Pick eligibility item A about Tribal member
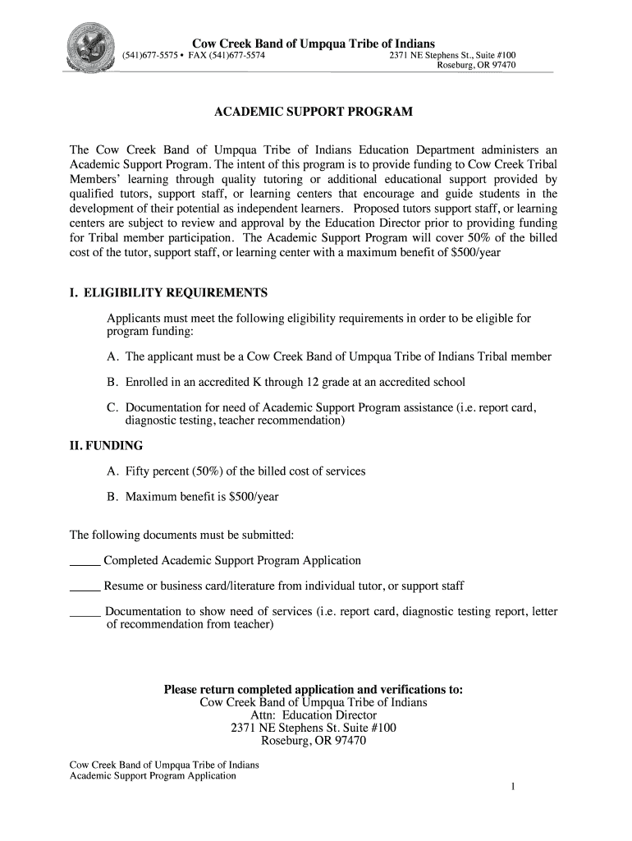(337, 357)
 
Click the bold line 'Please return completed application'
(314, 689)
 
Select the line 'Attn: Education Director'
(314, 715)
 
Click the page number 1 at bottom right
(512, 788)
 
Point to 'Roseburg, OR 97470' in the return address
(314, 741)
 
